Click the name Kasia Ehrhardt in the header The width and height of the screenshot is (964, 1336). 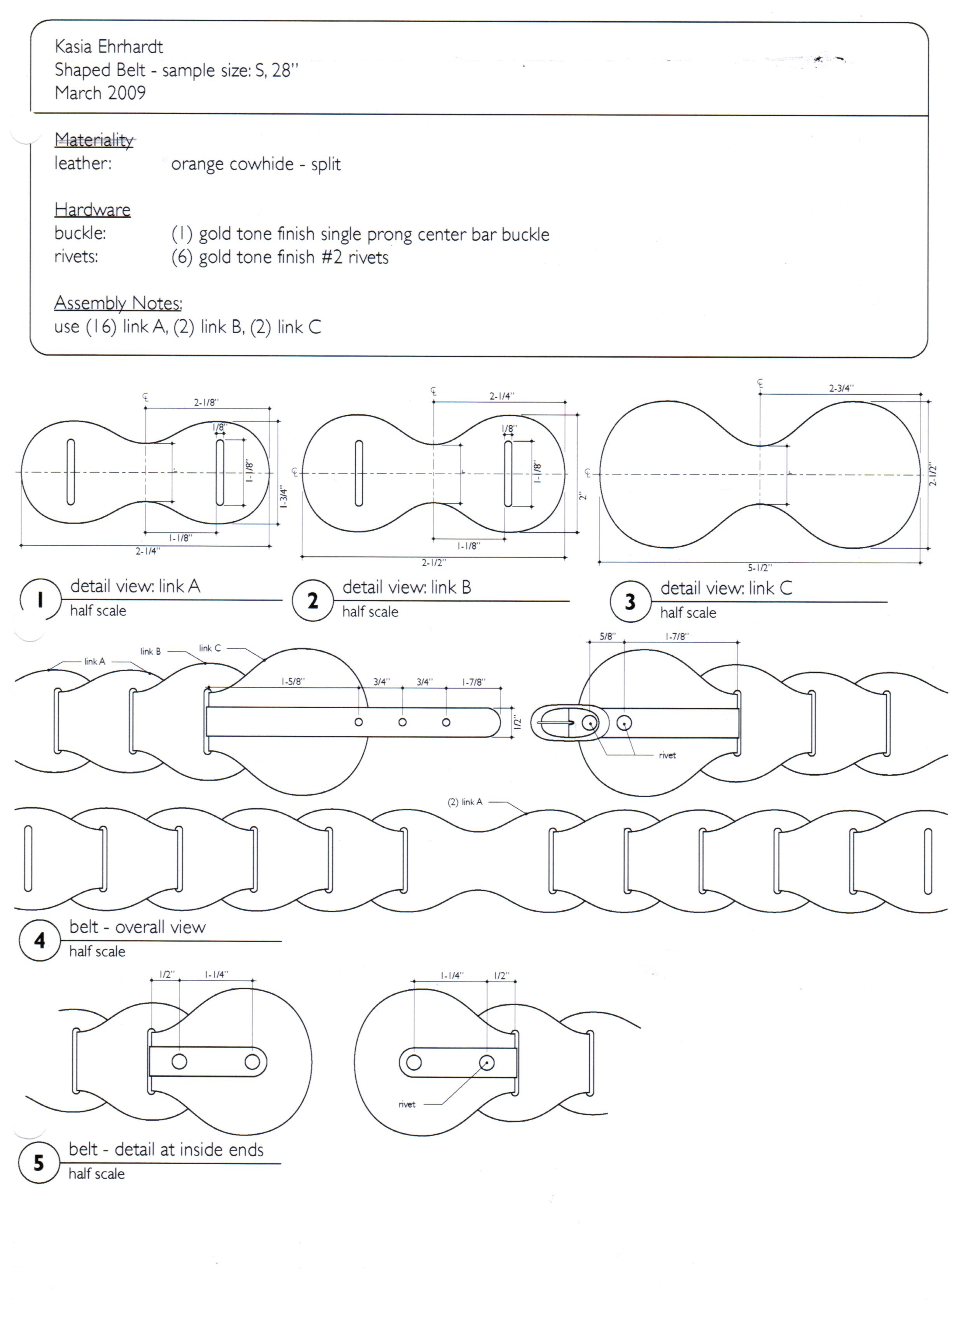point(108,47)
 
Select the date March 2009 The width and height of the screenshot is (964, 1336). point(100,93)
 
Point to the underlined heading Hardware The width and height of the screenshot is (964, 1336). point(93,210)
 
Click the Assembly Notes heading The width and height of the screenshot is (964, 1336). point(118,303)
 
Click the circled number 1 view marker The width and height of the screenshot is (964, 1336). point(40,600)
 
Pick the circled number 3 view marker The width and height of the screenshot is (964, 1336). point(630,601)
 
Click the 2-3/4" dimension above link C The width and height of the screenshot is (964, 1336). point(841,388)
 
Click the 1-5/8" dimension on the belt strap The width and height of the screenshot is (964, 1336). point(292,681)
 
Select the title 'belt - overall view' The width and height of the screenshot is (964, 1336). point(137,927)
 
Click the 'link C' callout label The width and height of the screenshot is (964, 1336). point(210,648)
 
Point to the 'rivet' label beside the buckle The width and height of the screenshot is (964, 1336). point(667,755)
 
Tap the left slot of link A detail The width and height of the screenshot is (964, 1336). point(71,472)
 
